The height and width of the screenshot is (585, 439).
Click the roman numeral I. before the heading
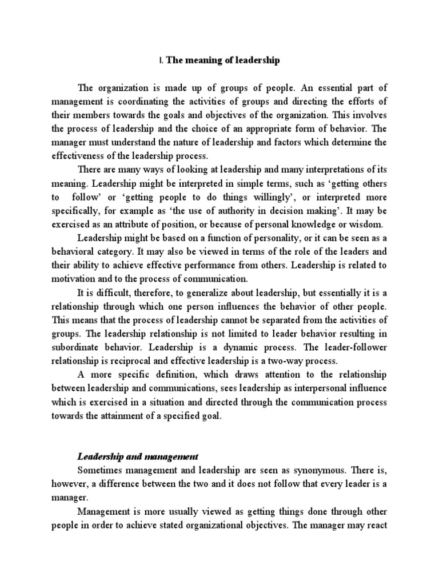click(161, 61)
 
